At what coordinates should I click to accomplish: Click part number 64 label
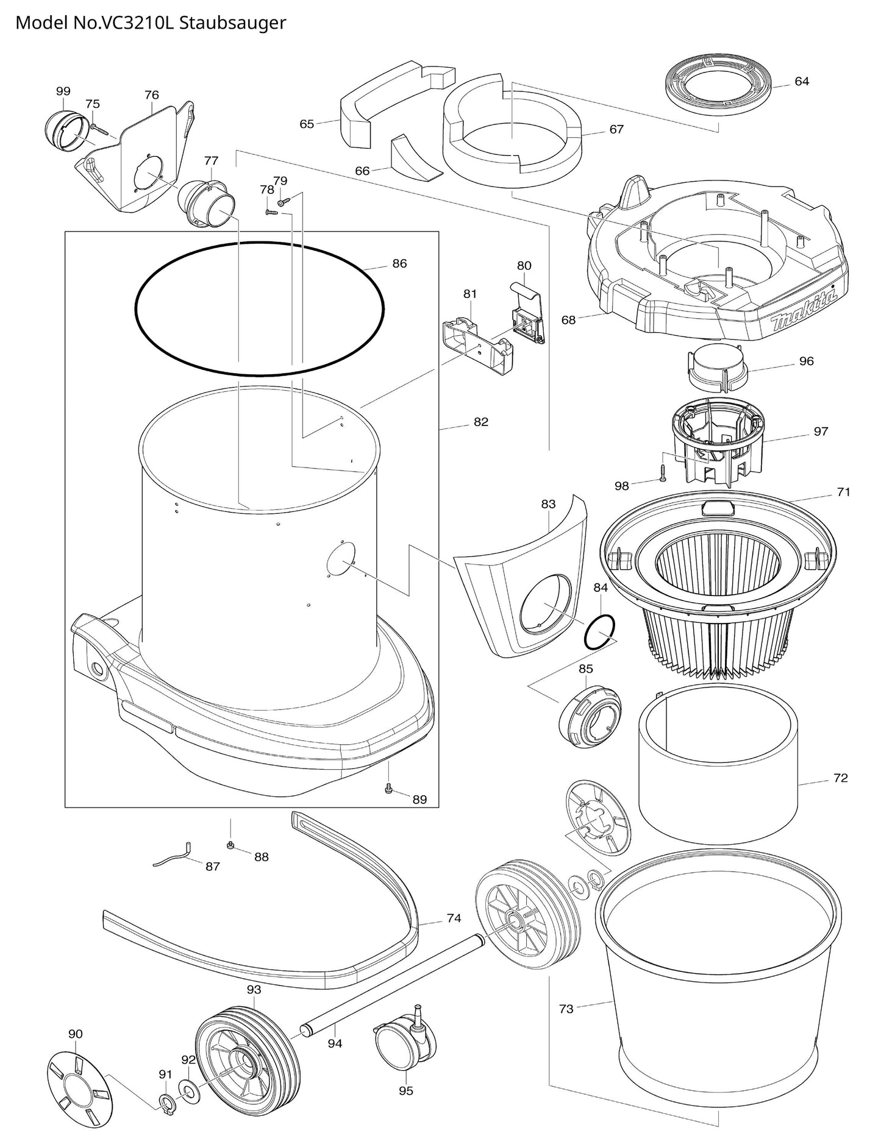(802, 82)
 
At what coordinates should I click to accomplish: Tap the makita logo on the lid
(803, 311)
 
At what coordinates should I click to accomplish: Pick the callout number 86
(399, 264)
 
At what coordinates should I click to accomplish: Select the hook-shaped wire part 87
(173, 856)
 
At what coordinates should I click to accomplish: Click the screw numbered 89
(388, 789)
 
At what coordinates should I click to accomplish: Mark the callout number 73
(566, 1009)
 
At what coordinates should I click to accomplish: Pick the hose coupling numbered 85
(590, 716)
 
